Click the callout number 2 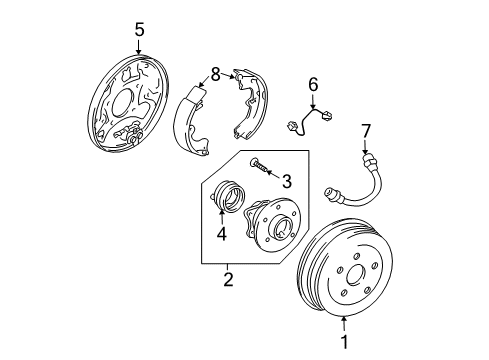[227, 281]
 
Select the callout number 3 [287, 181]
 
